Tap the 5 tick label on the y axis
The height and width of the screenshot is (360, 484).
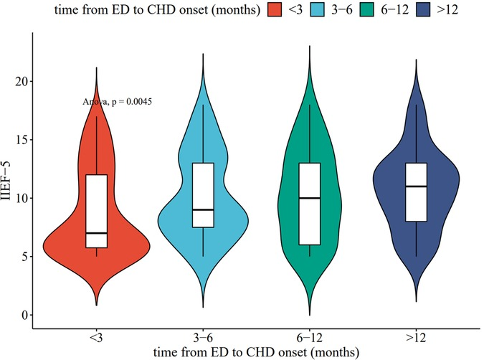pyautogui.click(x=28, y=257)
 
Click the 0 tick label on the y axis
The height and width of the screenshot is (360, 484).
pyautogui.click(x=28, y=315)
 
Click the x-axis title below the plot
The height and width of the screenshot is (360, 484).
pyautogui.click(x=256, y=351)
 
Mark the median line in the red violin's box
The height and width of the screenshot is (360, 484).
pyautogui.click(x=96, y=233)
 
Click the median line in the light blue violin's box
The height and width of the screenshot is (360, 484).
pyautogui.click(x=204, y=209)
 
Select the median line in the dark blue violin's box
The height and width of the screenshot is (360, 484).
pyautogui.click(x=417, y=186)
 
